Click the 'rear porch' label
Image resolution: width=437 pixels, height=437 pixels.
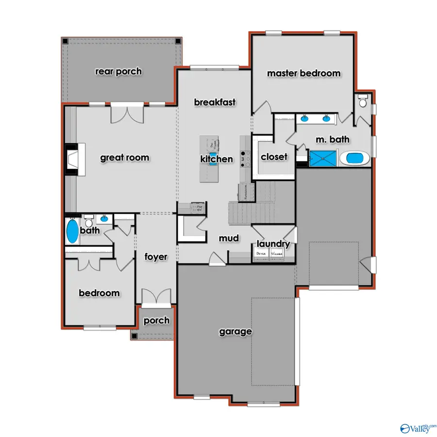(x=118, y=71)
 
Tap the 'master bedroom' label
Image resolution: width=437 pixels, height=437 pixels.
(x=303, y=73)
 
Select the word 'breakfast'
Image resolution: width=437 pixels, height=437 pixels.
(x=215, y=102)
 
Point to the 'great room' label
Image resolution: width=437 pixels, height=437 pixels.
(x=124, y=157)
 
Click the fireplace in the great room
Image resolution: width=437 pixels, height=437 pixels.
(x=74, y=159)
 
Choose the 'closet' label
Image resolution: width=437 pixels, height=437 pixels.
(x=274, y=157)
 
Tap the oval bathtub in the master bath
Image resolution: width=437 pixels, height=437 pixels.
(x=354, y=158)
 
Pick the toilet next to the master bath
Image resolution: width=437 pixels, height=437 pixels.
(x=362, y=101)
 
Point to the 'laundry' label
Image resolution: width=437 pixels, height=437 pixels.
(x=273, y=244)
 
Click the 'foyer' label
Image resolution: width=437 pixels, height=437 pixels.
(x=155, y=257)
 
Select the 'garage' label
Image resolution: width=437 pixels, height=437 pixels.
(x=235, y=332)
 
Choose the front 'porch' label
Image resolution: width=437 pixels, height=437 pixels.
(x=156, y=320)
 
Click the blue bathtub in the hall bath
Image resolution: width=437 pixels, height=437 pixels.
(x=72, y=232)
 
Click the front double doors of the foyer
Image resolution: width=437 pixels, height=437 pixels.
(x=156, y=297)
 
